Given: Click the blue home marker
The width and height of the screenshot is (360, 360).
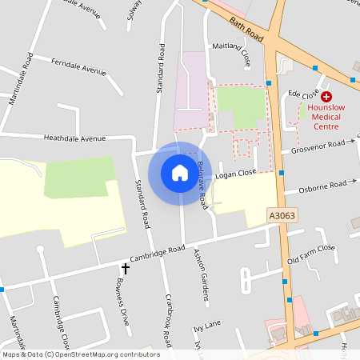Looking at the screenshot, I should coord(180,172).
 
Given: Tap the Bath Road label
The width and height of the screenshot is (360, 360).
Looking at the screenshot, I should coord(246,30).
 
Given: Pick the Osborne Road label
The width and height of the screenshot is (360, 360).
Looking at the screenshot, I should coord(322,187).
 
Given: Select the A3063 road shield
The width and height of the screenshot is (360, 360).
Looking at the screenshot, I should coord(281,216).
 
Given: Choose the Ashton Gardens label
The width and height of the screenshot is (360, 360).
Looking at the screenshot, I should coord(202,276).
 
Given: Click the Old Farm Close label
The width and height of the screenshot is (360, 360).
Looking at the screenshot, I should coord(311,254).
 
